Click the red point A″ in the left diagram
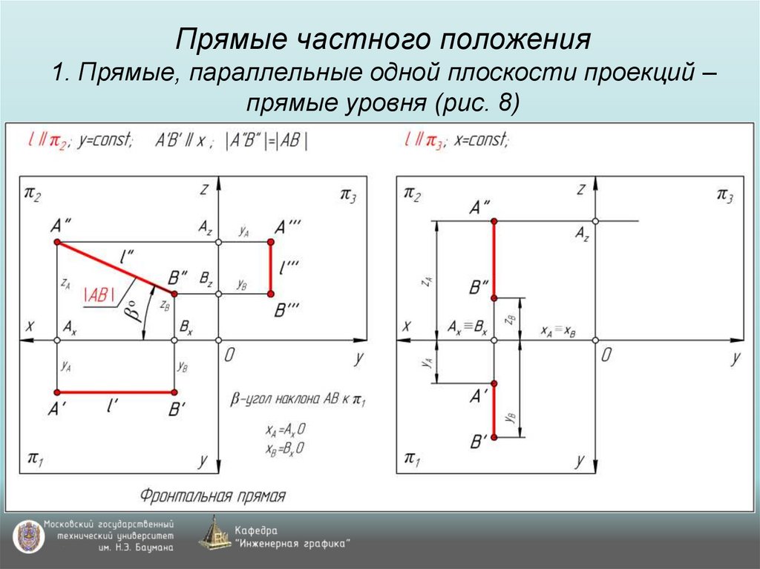pos(57,243)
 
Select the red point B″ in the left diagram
pos(174,295)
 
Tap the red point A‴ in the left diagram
pos(271,243)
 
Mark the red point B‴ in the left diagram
pos(271,295)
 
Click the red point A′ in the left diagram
pos(57,392)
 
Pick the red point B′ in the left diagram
pos(174,392)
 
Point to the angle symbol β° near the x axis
pos(133,311)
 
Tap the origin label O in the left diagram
pos(229,355)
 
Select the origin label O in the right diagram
pos(606,355)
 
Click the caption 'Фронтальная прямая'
pos(213,495)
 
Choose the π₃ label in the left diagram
pos(348,195)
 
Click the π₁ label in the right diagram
pos(410,458)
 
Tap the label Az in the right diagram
pos(582,235)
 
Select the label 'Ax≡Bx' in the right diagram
pos(468,327)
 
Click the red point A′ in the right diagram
pos(494,384)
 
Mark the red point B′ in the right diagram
pos(494,437)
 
